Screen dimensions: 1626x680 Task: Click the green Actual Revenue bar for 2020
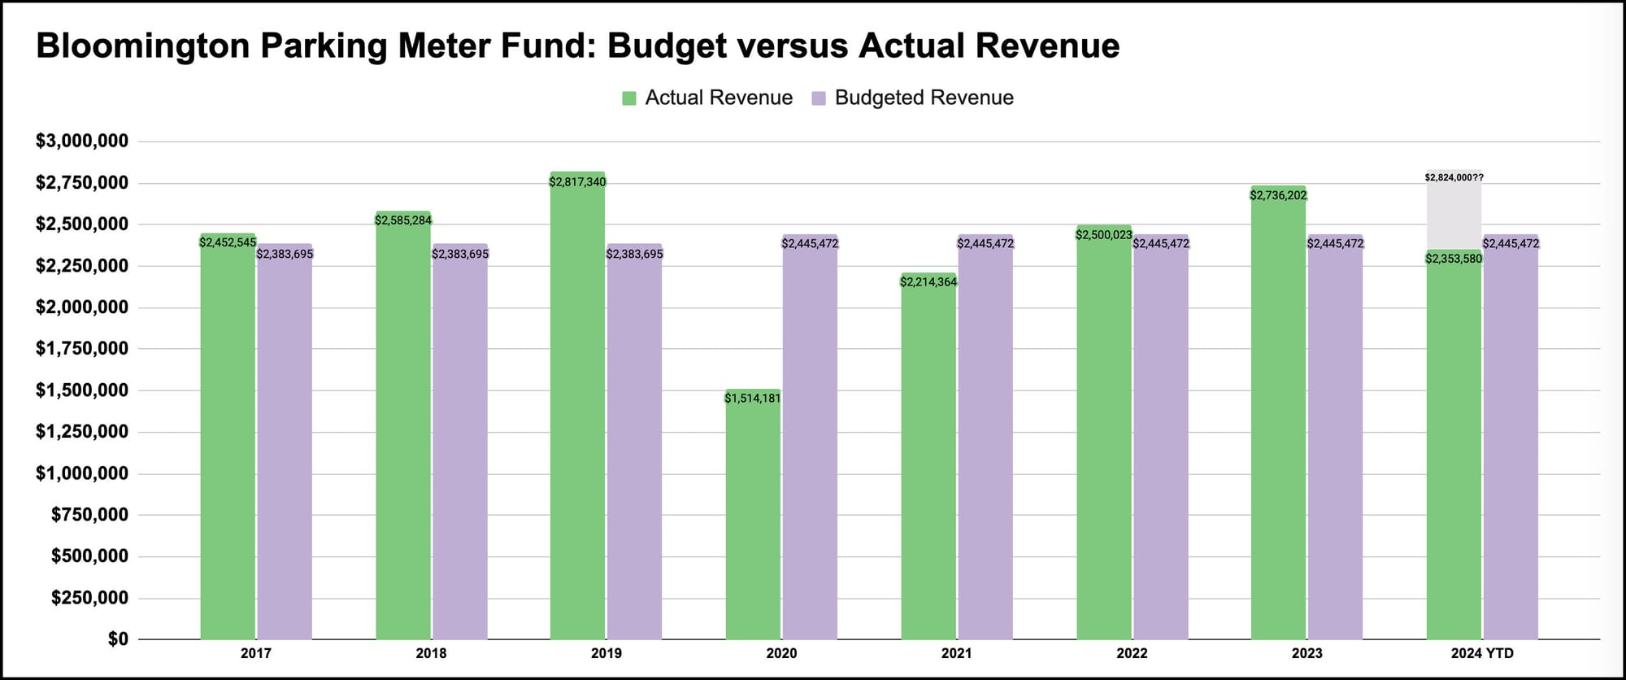coord(753,514)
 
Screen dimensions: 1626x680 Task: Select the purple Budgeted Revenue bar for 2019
coord(634,442)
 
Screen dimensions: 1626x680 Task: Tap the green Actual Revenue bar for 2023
coord(1279,412)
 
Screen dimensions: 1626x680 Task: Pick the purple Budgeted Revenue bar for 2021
coord(985,437)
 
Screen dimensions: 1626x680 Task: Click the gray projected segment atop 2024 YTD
coord(1454,210)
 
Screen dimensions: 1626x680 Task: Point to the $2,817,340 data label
coord(577,182)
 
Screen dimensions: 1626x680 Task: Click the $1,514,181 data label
coord(753,399)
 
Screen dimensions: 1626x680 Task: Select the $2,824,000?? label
coord(1454,177)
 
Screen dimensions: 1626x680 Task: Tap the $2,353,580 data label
coord(1454,259)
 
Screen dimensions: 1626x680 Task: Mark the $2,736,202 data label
coord(1279,195)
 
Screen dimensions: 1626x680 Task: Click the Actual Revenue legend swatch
coord(629,98)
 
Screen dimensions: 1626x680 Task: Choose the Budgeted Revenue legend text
coord(924,98)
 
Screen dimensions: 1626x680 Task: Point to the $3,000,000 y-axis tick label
coord(82,142)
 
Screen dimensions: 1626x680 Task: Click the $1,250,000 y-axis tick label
coord(82,432)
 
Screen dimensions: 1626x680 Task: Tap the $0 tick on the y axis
coord(118,639)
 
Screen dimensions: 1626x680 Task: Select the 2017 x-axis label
coord(256,653)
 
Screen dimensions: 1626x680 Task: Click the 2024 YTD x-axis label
coord(1482,653)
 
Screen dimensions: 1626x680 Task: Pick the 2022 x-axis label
coord(1132,653)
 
